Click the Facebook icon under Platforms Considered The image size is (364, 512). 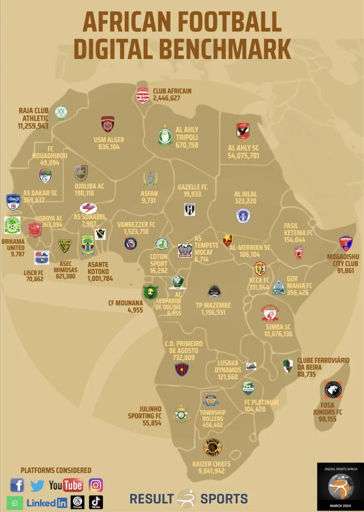coord(17,485)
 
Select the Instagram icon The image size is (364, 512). coord(96,485)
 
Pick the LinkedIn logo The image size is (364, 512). coord(47,503)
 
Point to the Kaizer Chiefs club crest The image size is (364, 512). coord(212,448)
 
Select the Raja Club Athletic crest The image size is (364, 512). coord(61,112)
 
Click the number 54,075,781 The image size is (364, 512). coord(244,156)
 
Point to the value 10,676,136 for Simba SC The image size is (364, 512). coord(278,334)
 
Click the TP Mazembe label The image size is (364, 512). coord(213,305)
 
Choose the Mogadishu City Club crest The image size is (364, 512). coord(346,244)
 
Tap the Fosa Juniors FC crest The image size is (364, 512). coord(333,390)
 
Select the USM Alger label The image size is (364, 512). coord(109,140)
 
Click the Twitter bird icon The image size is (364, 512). coord(37,486)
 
